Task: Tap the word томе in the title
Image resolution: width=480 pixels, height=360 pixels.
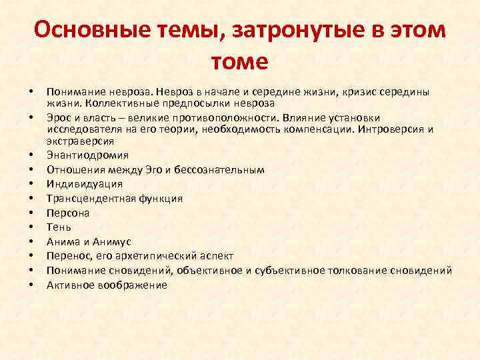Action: tap(239, 61)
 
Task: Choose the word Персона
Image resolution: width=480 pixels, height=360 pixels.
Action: tap(68, 213)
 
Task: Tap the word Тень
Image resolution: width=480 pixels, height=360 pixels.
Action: tap(59, 227)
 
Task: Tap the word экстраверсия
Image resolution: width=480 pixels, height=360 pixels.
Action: tap(80, 141)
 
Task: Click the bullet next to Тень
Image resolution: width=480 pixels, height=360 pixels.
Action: tap(31, 228)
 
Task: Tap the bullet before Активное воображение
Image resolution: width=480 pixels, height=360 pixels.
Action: tap(31, 285)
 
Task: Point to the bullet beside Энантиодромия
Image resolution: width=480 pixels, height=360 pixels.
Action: tap(31, 156)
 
